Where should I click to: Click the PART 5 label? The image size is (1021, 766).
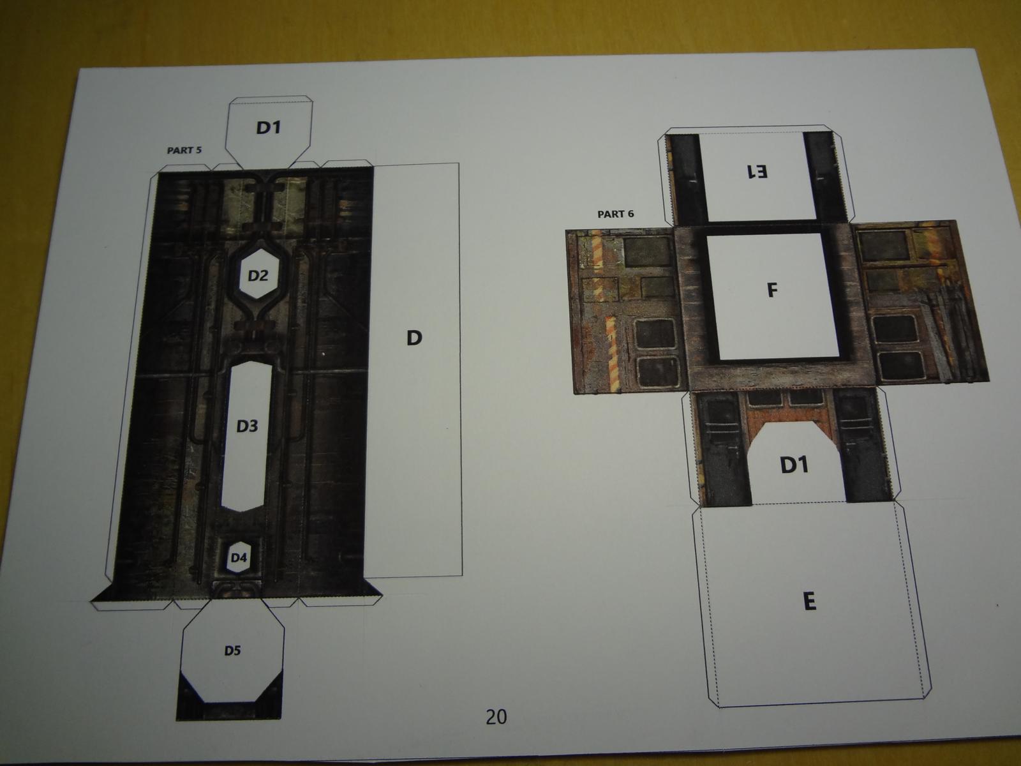[x=184, y=150]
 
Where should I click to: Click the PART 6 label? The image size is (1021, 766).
[x=615, y=214]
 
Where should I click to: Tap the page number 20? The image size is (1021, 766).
[x=496, y=717]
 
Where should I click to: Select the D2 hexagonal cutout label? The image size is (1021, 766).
[x=258, y=276]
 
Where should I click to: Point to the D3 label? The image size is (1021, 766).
[x=247, y=426]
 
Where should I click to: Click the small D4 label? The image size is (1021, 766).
[x=239, y=558]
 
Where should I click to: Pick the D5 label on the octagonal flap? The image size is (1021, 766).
[x=232, y=650]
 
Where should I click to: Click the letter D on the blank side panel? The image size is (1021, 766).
[x=414, y=338]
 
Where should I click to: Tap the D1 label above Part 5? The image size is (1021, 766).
[x=269, y=128]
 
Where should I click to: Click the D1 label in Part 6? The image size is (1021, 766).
[x=794, y=465]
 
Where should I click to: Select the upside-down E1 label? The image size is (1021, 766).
[x=757, y=172]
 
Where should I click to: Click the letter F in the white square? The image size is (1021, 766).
[x=771, y=290]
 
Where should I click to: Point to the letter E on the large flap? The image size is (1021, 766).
[x=809, y=602]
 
